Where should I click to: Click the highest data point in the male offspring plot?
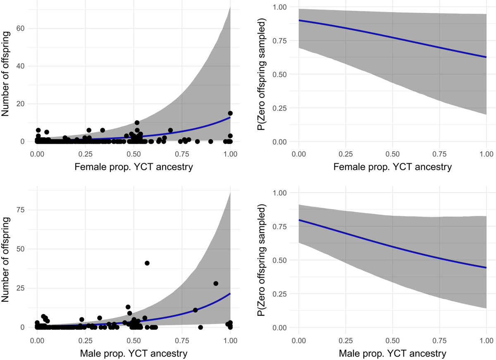click(147, 263)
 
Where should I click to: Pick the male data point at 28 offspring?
click(216, 283)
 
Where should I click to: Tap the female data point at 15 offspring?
click(230, 113)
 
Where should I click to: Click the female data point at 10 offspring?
click(137, 122)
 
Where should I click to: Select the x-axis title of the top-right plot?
click(392, 167)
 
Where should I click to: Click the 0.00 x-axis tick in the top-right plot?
click(298, 153)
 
